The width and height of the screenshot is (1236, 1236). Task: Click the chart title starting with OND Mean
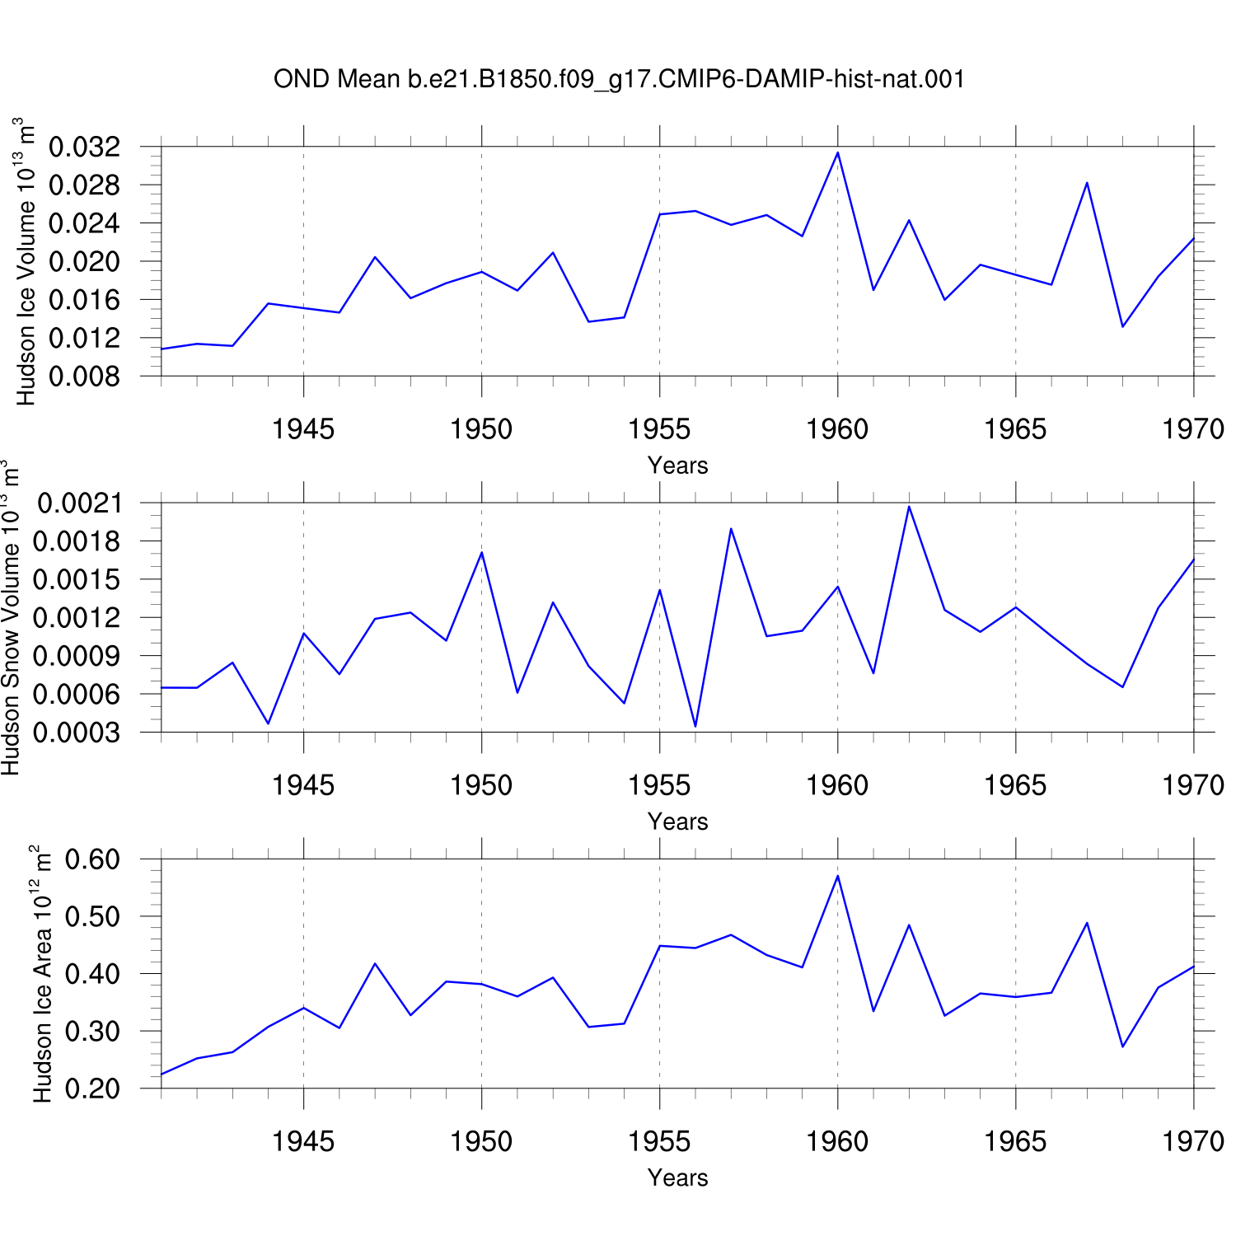pos(619,79)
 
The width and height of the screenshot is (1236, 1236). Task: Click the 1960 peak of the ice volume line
pos(838,152)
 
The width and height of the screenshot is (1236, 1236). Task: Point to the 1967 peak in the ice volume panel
pos(1087,183)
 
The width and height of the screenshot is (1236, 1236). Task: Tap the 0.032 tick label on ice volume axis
pos(85,147)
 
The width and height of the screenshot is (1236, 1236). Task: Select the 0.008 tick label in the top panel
pos(85,377)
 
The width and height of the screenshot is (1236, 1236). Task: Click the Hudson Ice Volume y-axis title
pos(26,261)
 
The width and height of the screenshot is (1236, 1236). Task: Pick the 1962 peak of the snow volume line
pos(909,506)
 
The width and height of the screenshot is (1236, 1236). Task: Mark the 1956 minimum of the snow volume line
pos(695,727)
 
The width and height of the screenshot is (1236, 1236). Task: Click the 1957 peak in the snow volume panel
pos(731,528)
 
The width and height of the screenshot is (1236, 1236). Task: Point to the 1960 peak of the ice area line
pos(838,875)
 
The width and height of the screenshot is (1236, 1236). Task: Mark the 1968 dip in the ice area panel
pos(1122,1046)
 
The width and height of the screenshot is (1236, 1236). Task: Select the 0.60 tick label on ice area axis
pos(92,859)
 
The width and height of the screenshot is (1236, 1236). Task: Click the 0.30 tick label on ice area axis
pos(92,1032)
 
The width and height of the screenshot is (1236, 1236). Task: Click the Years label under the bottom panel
pos(678,1177)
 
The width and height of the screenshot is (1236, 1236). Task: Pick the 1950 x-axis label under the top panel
pos(481,429)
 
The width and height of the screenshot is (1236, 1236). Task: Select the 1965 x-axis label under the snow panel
pos(1015,785)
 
